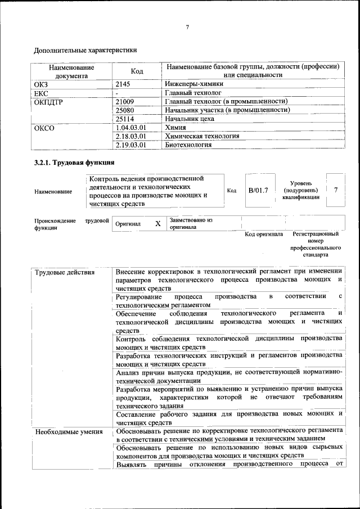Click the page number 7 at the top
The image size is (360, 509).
[187, 28]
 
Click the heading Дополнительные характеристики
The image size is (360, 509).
[85, 50]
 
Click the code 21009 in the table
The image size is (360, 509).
[124, 101]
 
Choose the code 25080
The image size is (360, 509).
[124, 110]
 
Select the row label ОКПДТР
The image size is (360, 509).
[50, 101]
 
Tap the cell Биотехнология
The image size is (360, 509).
[188, 145]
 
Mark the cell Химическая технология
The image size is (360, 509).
[202, 136]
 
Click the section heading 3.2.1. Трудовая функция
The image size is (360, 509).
[74, 163]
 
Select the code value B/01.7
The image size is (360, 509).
[258, 190]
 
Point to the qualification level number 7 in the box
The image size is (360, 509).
[336, 190]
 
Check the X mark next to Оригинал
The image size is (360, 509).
[158, 223]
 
